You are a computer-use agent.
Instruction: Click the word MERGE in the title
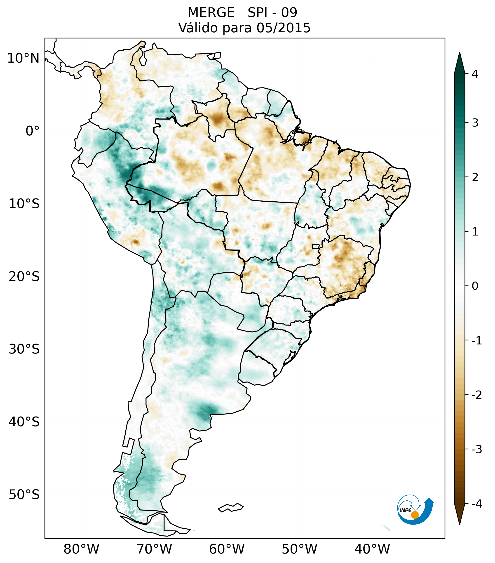[211, 13]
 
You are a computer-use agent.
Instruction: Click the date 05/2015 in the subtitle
[284, 28]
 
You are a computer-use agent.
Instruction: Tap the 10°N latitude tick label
[23, 58]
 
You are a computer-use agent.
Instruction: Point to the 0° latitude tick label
[33, 131]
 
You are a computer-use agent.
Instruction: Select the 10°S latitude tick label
[24, 204]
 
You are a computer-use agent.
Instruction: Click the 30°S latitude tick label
[24, 349]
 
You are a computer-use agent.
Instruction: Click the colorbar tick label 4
[475, 74]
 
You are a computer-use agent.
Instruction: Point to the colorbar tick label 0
[475, 286]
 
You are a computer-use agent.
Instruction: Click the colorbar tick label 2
[475, 177]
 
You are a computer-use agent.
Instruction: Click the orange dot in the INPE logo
[415, 515]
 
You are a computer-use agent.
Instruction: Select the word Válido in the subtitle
[199, 28]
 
